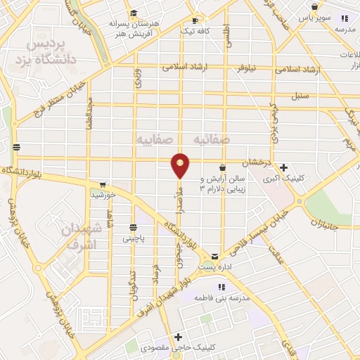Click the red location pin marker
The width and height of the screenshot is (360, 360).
point(181,165)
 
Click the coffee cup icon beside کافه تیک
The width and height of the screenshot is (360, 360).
point(202,20)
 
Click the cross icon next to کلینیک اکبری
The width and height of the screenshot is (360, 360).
point(283,167)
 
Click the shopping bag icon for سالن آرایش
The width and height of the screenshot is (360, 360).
point(223,168)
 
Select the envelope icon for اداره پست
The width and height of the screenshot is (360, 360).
point(216,257)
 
